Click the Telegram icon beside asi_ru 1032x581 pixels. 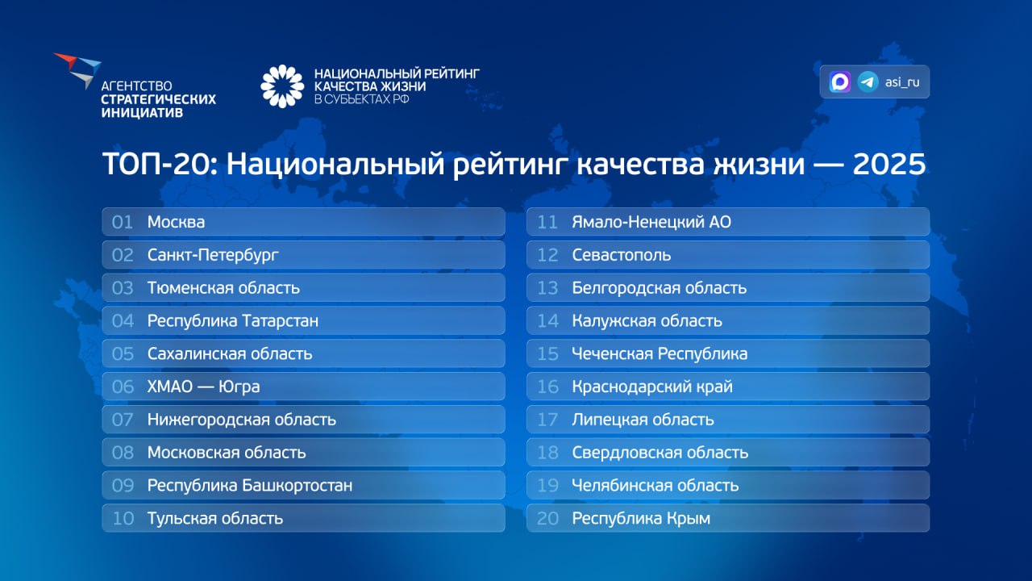[868, 82]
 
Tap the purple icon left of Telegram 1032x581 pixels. [840, 82]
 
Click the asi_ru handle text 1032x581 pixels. [902, 82]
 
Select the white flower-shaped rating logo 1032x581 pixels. [281, 86]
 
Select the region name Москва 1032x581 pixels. [176, 222]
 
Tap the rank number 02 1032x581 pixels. [123, 255]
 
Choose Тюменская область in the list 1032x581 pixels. [223, 288]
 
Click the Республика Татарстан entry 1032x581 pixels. [232, 321]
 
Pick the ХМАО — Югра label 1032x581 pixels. [203, 387]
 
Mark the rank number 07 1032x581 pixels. [123, 420]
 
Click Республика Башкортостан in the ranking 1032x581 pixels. [249, 486]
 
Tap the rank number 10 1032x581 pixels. [123, 519]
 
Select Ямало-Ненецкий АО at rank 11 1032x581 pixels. [651, 222]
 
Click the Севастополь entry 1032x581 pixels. [621, 255]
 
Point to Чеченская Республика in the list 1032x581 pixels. [660, 354]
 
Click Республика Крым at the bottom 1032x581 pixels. [641, 519]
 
